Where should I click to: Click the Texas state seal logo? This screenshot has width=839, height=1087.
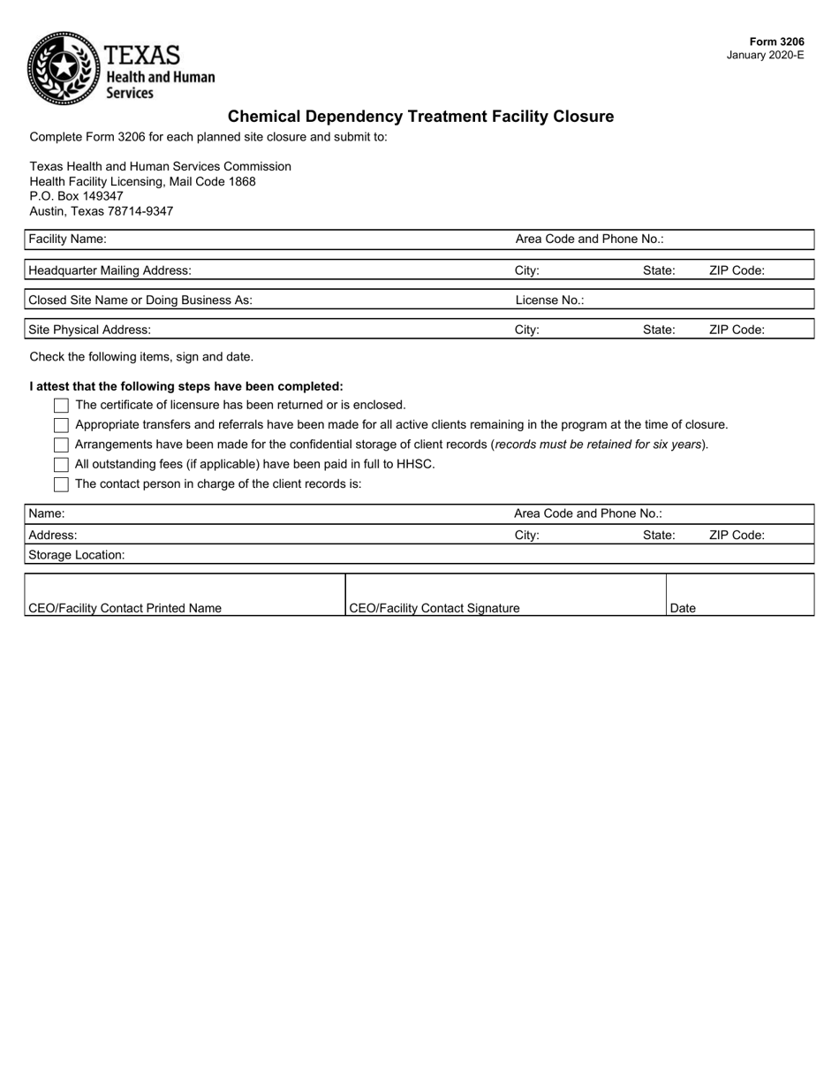[x=64, y=68]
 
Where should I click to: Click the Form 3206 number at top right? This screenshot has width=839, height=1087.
[x=776, y=42]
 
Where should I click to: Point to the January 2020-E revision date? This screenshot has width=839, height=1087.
[x=765, y=55]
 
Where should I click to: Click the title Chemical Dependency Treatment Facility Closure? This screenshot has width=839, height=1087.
[x=420, y=117]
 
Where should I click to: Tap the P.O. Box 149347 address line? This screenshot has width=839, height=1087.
[x=76, y=196]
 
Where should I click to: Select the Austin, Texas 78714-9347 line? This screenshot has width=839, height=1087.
[x=101, y=211]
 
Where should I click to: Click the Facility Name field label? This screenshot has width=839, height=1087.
[x=67, y=239]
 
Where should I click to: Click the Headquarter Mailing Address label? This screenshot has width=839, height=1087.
[x=110, y=270]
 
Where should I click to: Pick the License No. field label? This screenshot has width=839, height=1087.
[x=549, y=300]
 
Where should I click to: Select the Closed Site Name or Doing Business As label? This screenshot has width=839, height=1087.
[x=140, y=300]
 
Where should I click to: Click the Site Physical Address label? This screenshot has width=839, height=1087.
[x=89, y=330]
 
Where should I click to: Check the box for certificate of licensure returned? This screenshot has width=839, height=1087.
[x=61, y=406]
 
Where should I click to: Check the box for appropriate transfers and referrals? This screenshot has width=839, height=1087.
[x=61, y=425]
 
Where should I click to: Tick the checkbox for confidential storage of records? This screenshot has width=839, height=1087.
[x=61, y=445]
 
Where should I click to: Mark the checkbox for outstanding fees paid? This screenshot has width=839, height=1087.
[x=61, y=464]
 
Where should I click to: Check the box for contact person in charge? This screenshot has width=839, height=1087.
[x=61, y=484]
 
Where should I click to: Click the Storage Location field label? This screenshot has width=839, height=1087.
[x=77, y=555]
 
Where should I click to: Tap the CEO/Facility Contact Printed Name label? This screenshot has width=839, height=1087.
[x=125, y=608]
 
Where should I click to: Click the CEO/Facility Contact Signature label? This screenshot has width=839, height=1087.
[x=435, y=608]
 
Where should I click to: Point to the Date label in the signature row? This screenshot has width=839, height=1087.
[x=684, y=608]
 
